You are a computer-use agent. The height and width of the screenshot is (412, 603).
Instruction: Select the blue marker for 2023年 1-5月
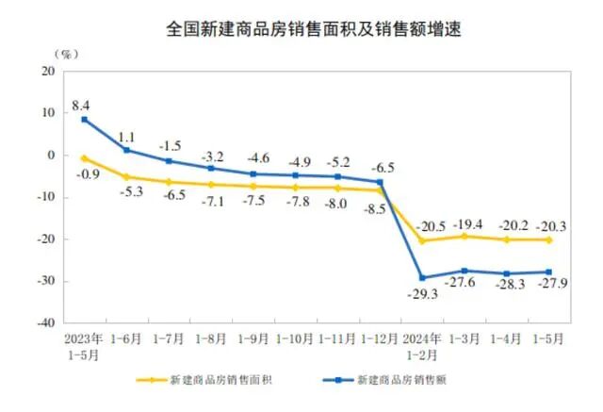(85, 120)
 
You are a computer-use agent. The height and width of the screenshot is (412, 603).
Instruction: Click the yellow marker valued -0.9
(85, 158)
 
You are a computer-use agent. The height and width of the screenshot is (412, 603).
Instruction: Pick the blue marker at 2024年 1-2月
(423, 278)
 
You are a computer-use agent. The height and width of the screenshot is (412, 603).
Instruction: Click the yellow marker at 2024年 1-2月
(423, 241)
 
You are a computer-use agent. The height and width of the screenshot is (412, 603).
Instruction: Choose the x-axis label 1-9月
(253, 337)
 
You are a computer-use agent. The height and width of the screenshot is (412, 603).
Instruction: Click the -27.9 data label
(551, 289)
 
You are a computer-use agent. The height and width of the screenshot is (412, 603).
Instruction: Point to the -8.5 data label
(373, 208)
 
